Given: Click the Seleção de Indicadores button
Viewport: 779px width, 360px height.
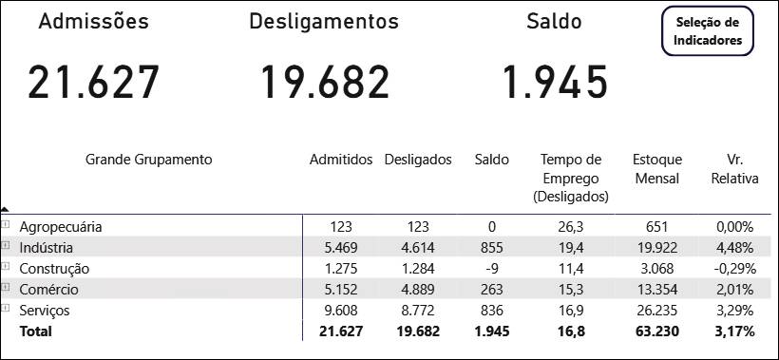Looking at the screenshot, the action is click(x=708, y=30).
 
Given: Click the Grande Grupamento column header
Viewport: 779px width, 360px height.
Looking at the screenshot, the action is click(x=149, y=160).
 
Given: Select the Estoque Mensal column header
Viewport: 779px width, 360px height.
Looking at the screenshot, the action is click(x=657, y=169).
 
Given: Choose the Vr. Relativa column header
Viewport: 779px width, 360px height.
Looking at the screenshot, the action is click(x=734, y=169).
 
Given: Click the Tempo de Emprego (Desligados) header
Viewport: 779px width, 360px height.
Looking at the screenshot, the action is click(x=571, y=179).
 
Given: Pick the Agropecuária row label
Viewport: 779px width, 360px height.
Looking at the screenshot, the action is click(x=61, y=227).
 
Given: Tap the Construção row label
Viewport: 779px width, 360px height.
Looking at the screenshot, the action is click(x=54, y=269).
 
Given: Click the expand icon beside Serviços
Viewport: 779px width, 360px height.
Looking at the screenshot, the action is click(x=6, y=308).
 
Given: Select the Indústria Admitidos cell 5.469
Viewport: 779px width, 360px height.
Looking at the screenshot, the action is click(x=341, y=248).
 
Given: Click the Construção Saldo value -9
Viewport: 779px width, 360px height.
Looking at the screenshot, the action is click(x=492, y=269).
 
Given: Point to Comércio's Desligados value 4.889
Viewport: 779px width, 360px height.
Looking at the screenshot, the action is click(x=418, y=290).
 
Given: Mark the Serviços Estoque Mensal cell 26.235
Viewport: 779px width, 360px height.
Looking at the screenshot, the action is click(x=656, y=311).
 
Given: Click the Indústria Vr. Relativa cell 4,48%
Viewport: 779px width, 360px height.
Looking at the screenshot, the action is click(x=734, y=248).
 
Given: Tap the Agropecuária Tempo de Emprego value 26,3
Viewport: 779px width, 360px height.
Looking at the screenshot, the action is click(x=571, y=227).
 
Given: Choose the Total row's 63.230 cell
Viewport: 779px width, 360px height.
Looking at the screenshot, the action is click(x=656, y=332).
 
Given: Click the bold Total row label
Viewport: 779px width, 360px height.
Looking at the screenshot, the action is click(x=35, y=332).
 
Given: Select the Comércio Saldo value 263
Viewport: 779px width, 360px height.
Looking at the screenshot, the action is click(x=492, y=290).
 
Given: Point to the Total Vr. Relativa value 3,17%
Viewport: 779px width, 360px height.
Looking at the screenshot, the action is click(x=734, y=332).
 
